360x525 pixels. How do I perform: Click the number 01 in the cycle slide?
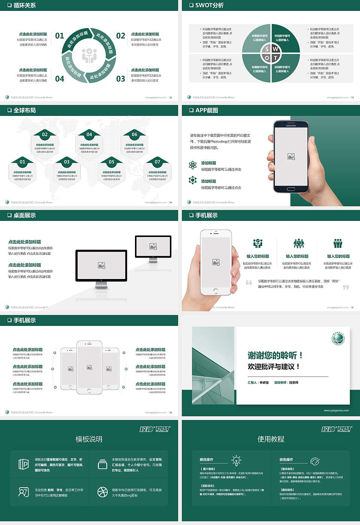click(x=60, y=36)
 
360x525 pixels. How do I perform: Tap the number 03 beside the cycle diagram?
click(x=121, y=79)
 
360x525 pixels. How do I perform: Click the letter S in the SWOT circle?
click(x=267, y=49)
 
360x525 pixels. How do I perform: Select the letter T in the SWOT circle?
click(x=275, y=58)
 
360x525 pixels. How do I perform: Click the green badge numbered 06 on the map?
click(x=134, y=134)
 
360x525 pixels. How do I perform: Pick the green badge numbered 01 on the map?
click(x=22, y=162)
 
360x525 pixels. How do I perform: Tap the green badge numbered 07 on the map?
click(x=157, y=162)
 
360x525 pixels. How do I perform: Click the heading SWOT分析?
click(x=209, y=5)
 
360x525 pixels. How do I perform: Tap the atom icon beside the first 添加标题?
click(x=193, y=165)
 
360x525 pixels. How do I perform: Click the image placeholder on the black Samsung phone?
click(x=291, y=156)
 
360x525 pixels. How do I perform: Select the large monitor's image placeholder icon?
click(x=101, y=265)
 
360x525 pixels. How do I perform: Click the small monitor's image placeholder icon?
click(x=153, y=246)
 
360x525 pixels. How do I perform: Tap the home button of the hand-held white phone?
click(x=216, y=291)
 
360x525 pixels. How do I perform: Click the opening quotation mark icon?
click(x=249, y=282)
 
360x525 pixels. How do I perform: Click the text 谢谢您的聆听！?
click(x=275, y=355)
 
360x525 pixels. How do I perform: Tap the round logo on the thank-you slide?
click(x=338, y=338)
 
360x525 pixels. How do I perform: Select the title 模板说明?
click(x=89, y=439)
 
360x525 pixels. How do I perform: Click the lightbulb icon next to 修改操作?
click(x=236, y=460)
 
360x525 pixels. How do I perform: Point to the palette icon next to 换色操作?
click(x=315, y=461)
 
